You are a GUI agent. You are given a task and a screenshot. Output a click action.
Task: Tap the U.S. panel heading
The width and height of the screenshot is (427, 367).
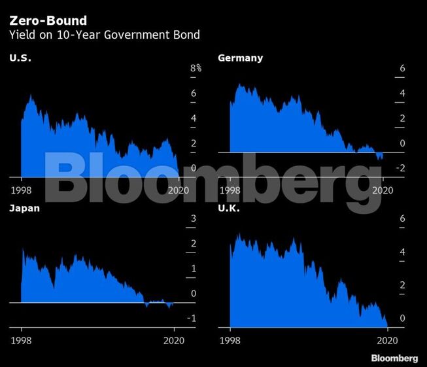tap(20, 58)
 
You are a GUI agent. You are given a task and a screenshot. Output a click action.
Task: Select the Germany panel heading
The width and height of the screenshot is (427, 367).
tap(240, 58)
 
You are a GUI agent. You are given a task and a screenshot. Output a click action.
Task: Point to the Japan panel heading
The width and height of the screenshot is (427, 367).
tap(25, 209)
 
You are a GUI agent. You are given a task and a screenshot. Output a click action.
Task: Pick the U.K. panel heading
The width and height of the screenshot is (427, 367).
tap(230, 209)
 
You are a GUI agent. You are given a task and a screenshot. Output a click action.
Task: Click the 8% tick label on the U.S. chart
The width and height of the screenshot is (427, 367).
tap(196, 69)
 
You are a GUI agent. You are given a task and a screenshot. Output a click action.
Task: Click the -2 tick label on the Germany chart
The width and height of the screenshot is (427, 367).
tap(401, 168)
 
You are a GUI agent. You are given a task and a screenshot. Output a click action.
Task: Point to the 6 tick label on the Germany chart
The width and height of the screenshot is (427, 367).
tap(403, 69)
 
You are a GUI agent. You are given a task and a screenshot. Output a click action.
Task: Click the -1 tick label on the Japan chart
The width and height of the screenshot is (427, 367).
tap(192, 318)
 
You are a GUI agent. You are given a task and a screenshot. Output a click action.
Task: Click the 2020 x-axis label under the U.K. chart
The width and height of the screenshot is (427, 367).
tap(387, 340)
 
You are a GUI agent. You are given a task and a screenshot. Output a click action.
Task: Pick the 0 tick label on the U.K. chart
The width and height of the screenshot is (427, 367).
tap(403, 319)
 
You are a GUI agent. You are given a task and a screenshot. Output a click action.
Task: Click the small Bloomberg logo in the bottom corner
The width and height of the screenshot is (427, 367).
tap(394, 358)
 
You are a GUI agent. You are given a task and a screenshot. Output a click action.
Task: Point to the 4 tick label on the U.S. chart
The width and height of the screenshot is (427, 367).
tap(194, 118)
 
